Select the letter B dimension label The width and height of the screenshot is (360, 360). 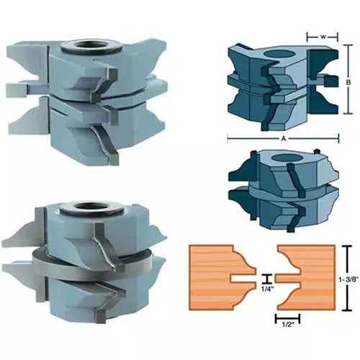click(348, 83)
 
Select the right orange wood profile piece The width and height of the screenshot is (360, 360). click(306, 270)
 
